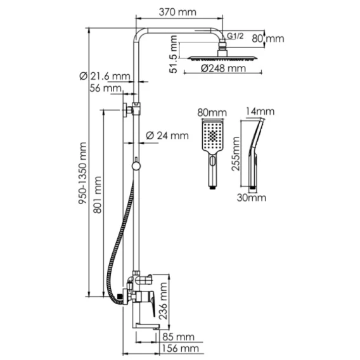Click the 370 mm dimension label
point(177,12)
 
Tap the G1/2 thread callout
point(235,36)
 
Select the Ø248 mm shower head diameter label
point(223,68)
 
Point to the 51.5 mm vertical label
point(173,54)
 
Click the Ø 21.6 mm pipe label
point(105,76)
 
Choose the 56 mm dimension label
point(105,88)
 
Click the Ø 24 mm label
point(167,136)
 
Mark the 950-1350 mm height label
point(82,173)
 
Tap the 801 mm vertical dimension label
point(98,195)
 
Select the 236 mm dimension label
point(164,301)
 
